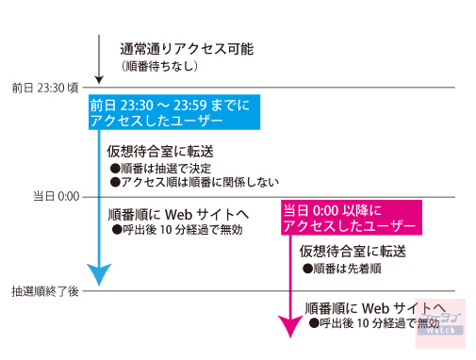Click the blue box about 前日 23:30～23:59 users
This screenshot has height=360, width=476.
170,114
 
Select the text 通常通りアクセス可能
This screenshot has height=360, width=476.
186,47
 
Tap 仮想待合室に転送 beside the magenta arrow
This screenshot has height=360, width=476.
353,252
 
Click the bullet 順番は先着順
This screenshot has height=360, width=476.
339,269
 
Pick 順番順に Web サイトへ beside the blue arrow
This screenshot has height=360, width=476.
179,213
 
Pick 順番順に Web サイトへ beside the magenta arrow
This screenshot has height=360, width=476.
374,307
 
